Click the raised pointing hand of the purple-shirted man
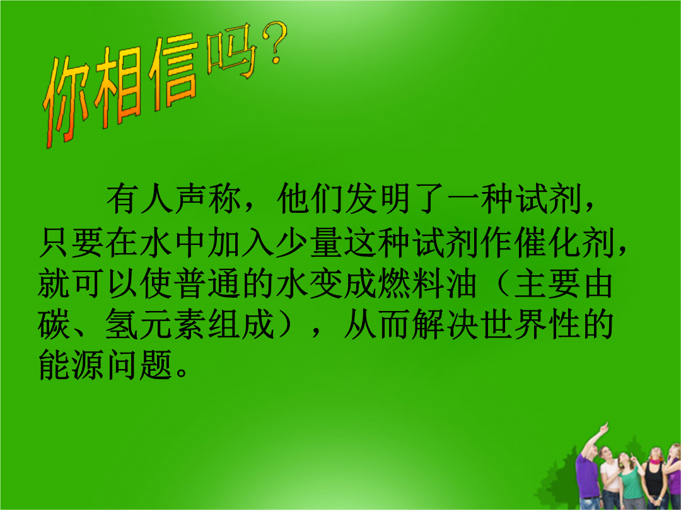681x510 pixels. [x=603, y=429]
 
